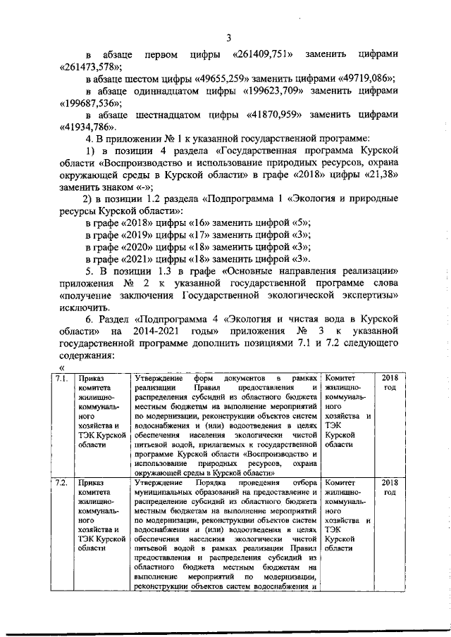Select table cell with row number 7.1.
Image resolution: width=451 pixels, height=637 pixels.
61,381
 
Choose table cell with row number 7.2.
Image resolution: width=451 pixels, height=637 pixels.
61,483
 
